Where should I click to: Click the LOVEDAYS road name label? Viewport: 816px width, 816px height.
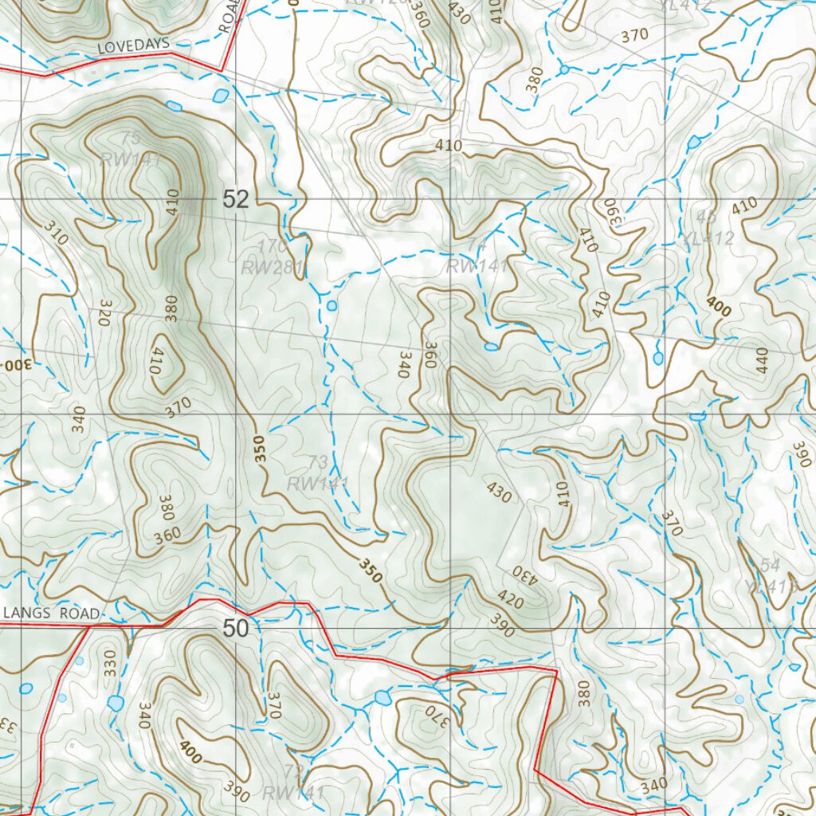(133, 47)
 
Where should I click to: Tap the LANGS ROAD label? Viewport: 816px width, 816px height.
(53, 613)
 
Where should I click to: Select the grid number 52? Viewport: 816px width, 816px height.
(236, 200)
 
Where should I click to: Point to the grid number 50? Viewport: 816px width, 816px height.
(236, 629)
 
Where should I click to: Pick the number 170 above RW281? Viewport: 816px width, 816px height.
(273, 245)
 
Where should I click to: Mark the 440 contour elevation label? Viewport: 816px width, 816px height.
(761, 361)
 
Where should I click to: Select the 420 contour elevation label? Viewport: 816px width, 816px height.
(510, 600)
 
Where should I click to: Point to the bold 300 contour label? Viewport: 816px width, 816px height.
(17, 363)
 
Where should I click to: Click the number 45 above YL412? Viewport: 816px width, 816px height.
(706, 218)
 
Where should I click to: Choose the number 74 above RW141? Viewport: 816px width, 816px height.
(477, 245)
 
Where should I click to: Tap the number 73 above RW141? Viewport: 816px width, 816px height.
(317, 462)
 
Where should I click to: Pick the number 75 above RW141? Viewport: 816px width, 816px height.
(131, 138)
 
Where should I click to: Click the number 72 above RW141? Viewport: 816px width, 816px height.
(293, 771)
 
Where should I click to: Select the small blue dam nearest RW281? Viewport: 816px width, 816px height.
(331, 305)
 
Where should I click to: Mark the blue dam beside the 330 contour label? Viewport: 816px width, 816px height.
(116, 703)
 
